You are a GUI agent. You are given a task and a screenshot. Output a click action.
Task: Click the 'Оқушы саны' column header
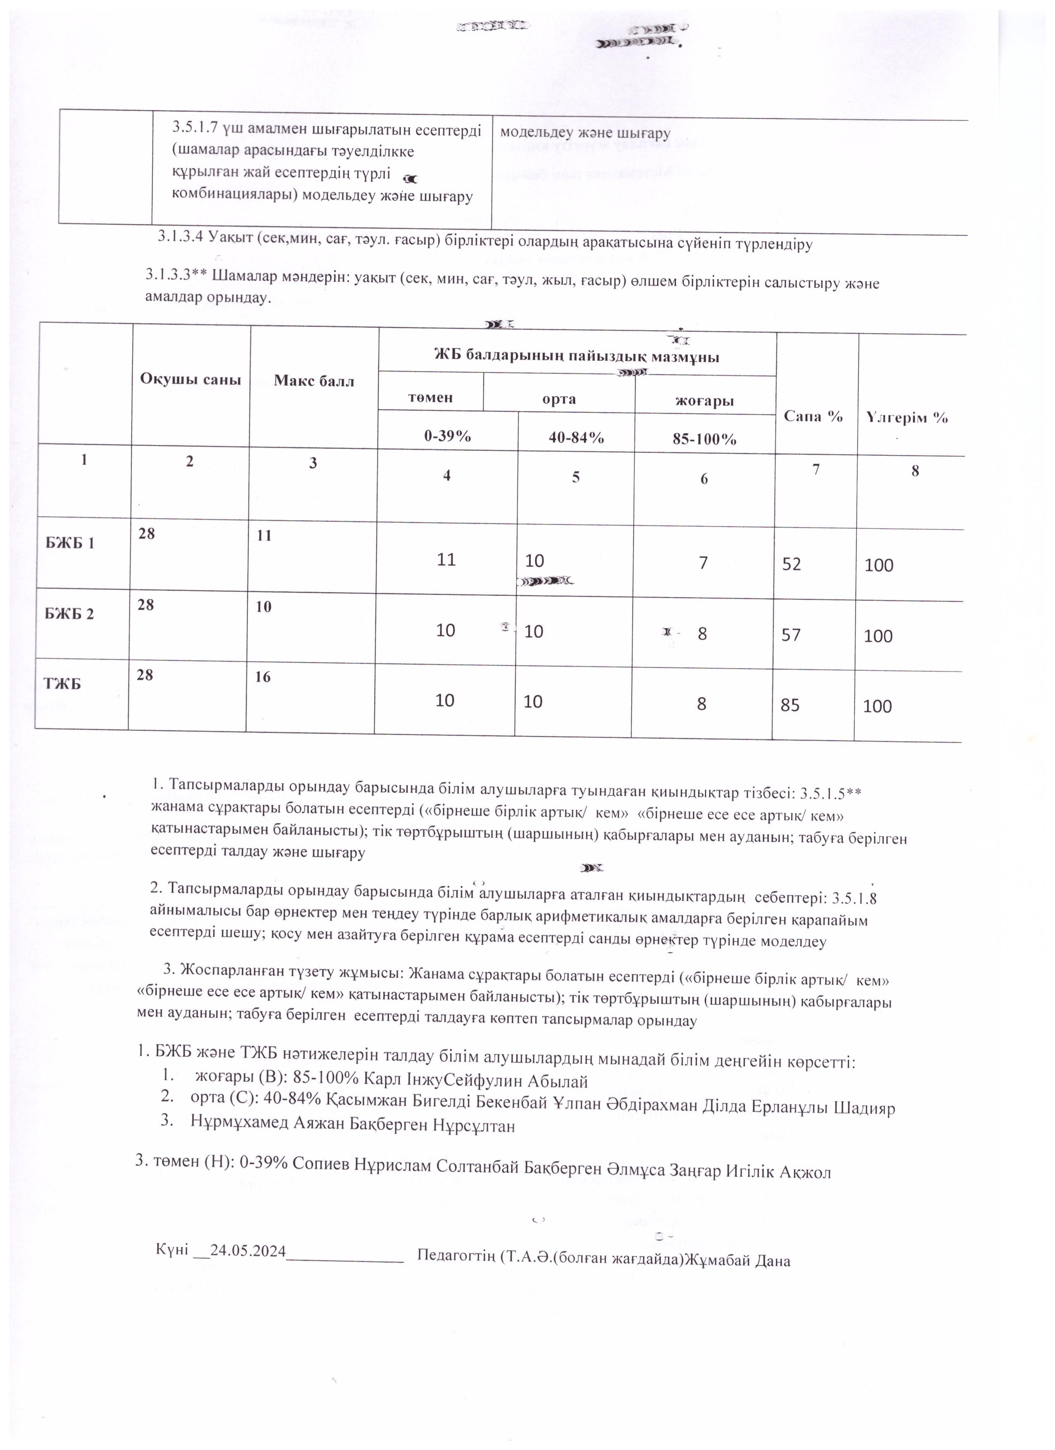click(190, 380)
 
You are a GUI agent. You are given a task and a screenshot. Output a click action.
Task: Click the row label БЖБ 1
click(70, 543)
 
